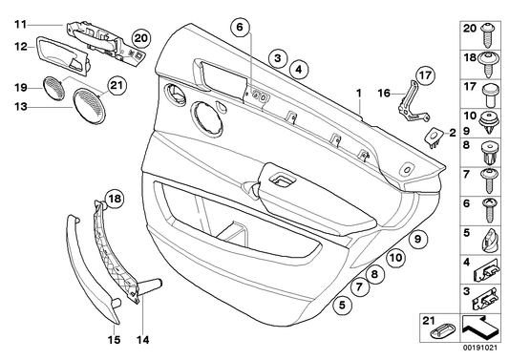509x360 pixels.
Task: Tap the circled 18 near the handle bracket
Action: point(115,199)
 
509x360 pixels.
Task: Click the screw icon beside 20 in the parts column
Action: point(492,34)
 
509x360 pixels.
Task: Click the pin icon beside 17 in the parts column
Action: point(492,92)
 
